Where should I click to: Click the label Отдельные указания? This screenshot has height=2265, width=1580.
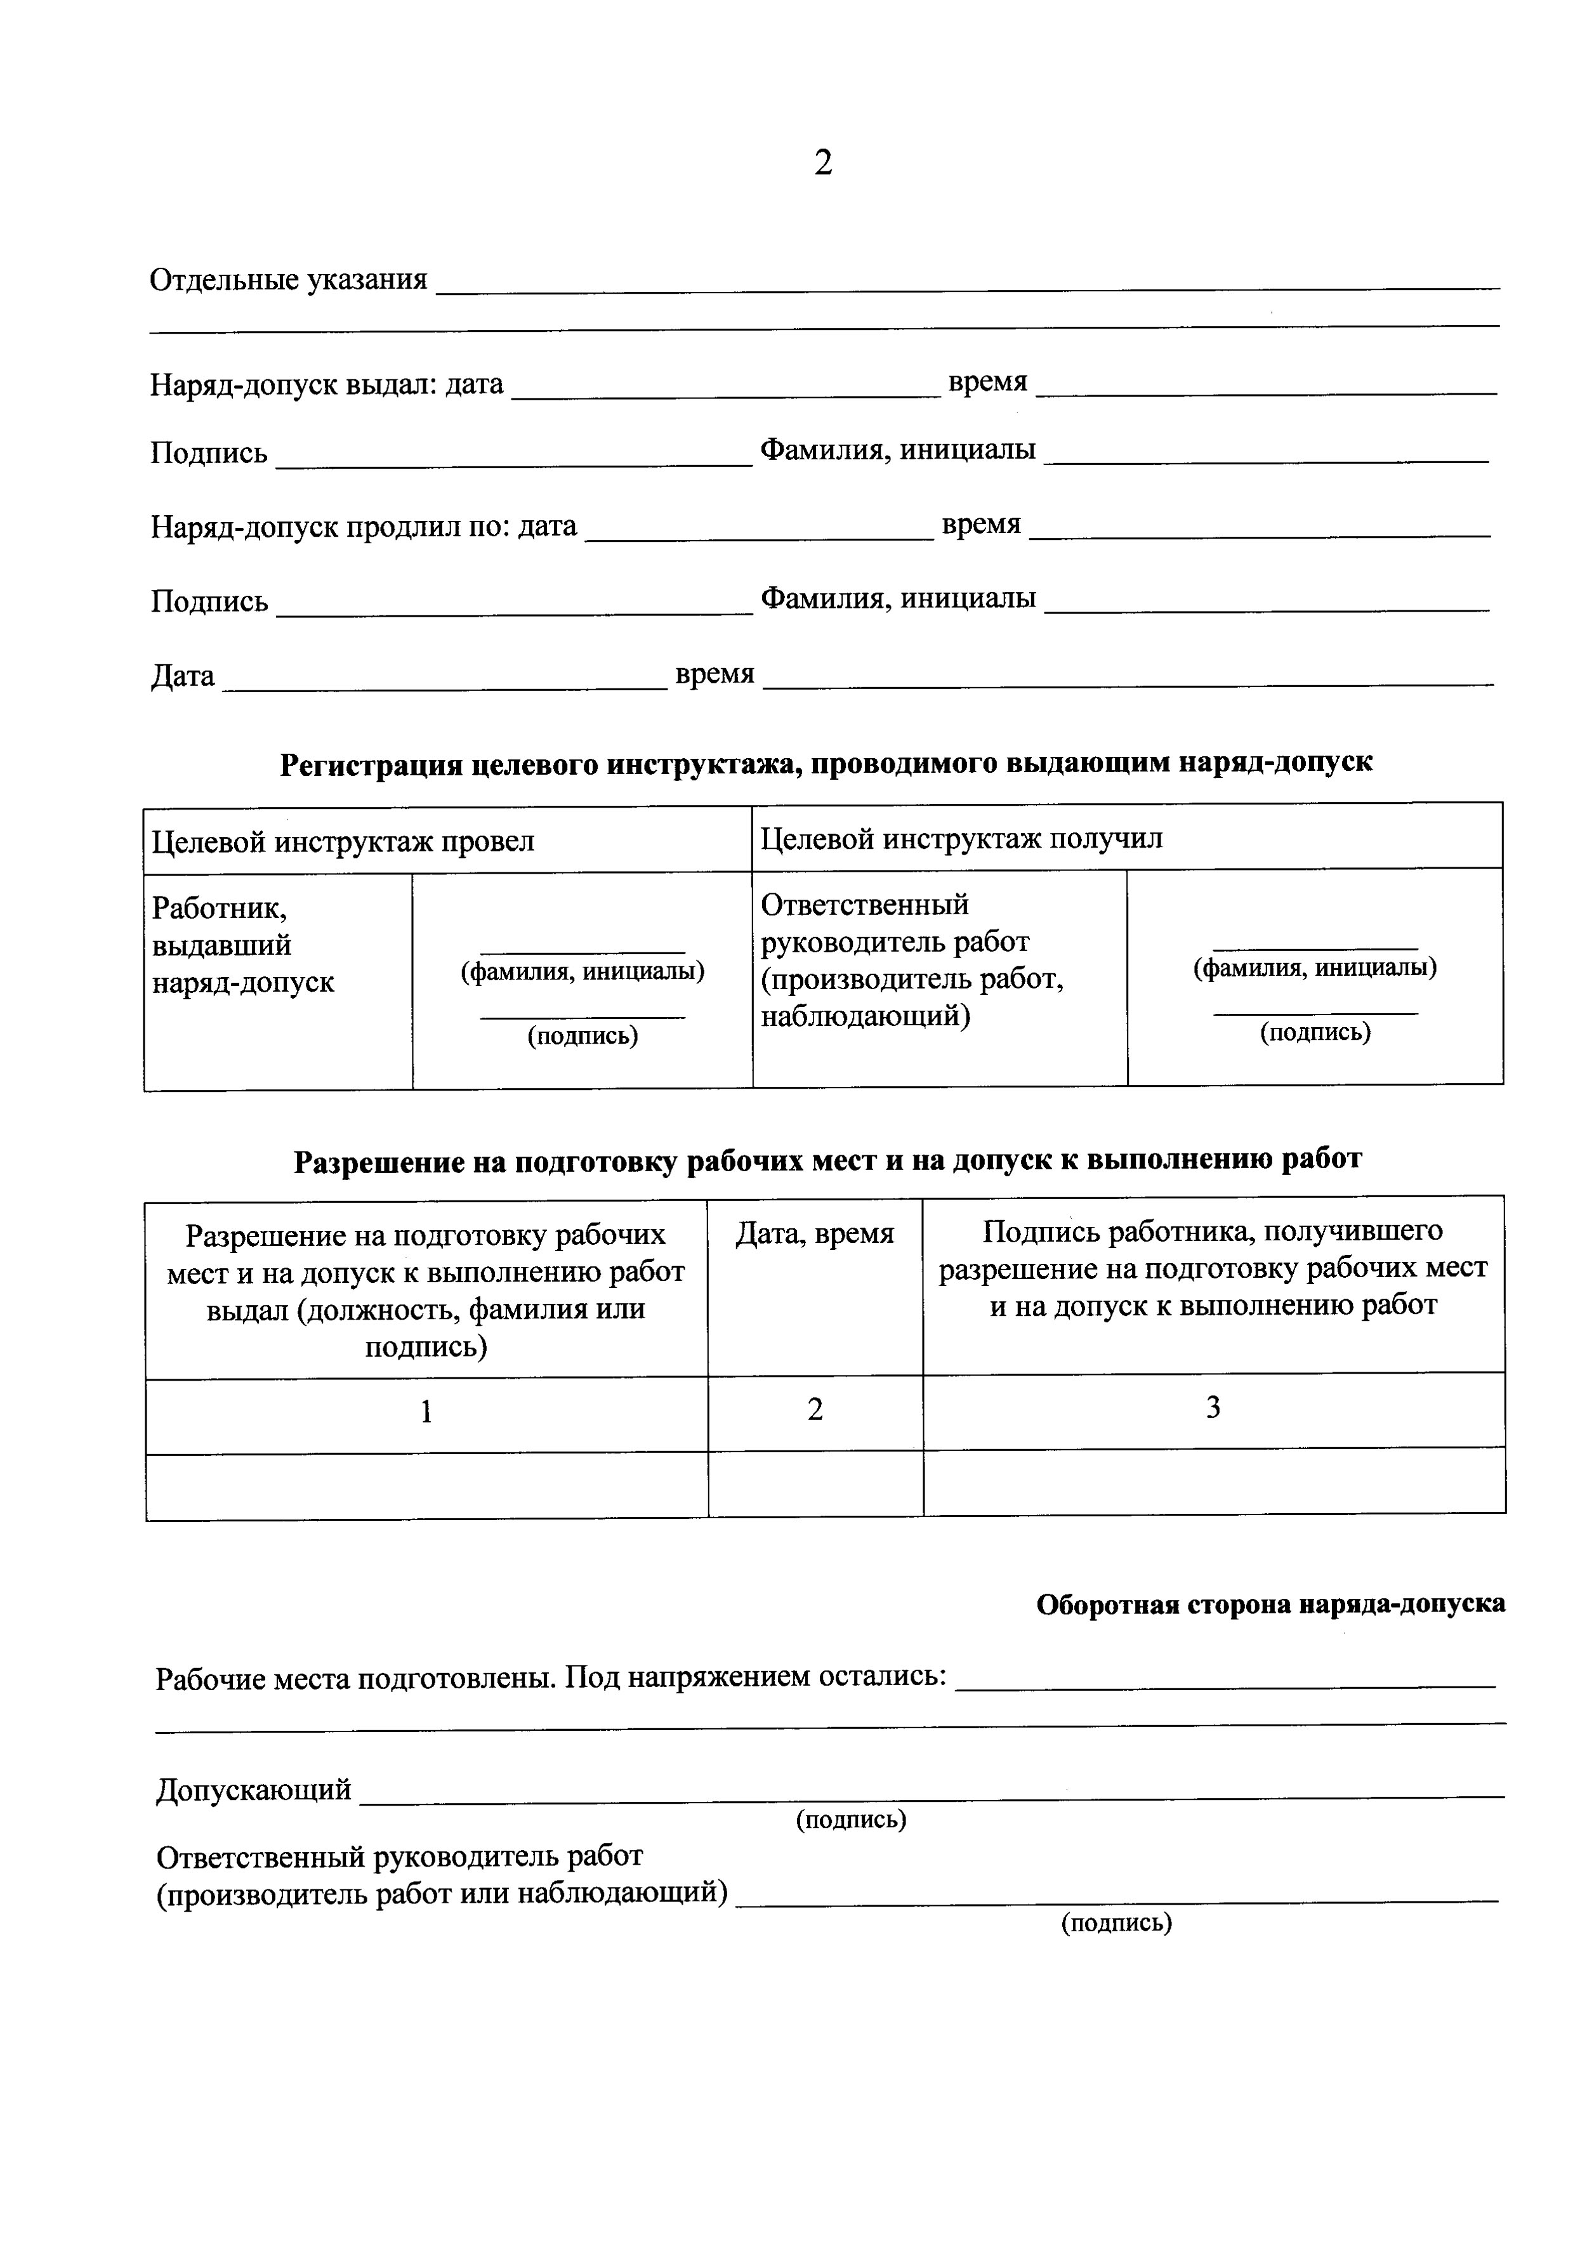pos(288,280)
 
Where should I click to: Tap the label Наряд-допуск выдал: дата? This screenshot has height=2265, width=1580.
pos(326,384)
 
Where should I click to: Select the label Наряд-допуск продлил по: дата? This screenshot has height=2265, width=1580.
pos(363,527)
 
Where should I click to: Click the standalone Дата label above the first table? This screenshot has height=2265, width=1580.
pos(183,676)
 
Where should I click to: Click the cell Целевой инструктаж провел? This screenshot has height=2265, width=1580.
pos(343,841)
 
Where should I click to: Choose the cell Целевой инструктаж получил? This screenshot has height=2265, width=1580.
pos(961,839)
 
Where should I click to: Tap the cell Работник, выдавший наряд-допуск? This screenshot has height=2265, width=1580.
pos(243,945)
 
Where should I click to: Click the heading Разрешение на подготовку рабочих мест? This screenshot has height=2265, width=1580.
pos(827,1160)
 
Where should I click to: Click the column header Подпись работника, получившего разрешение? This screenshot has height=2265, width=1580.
pos(1213,1268)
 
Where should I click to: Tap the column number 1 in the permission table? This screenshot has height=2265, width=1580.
pos(426,1413)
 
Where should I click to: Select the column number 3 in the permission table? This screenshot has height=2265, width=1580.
pos(1213,1408)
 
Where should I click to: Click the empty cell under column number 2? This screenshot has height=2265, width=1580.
pos(815,1484)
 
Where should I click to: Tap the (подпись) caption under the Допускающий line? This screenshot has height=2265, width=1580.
pos(851,1819)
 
